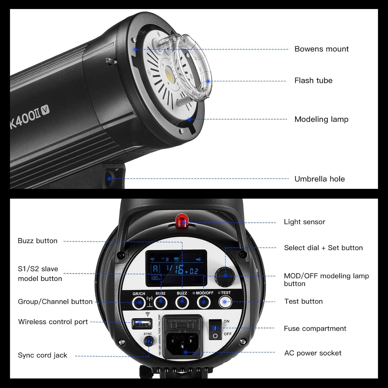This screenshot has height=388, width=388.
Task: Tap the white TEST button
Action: coord(225,302)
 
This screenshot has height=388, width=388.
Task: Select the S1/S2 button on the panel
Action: coord(160,302)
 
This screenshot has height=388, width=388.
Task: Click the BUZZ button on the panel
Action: coord(182,302)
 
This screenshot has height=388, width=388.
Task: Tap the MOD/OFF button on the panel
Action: coord(204,302)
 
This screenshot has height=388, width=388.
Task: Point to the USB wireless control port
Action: coord(142,323)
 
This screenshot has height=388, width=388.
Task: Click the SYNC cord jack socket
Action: coord(148,341)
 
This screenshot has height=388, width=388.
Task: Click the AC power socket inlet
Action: coord(182,345)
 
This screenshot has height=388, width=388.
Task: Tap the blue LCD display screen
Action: coord(176,268)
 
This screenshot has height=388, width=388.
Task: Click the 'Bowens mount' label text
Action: coord(321,49)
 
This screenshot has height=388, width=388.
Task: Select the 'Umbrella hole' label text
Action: coord(319,179)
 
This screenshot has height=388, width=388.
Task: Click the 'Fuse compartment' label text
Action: coord(315,329)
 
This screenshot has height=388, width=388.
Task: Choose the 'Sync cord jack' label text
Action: coord(42,355)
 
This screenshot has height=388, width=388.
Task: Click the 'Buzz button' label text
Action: coord(38,241)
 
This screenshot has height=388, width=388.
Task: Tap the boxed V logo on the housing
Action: coord(46,110)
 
